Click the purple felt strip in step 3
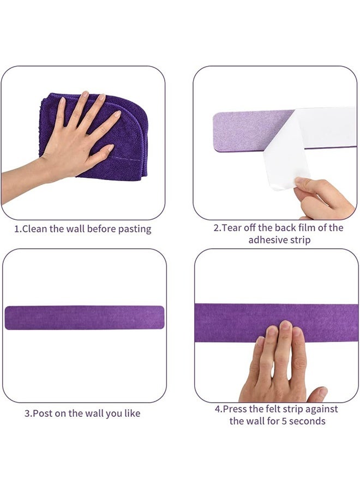(x=85, y=318)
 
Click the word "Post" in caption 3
(x=43, y=414)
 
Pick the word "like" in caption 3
(x=131, y=414)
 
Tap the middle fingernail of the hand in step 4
(x=285, y=327)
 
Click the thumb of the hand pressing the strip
(x=317, y=394)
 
